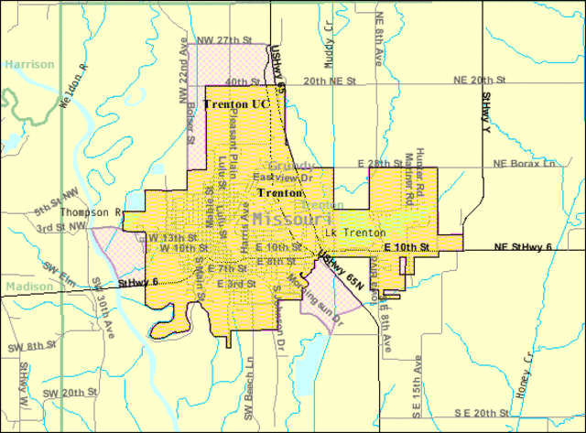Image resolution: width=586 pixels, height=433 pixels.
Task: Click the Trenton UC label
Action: point(236,104)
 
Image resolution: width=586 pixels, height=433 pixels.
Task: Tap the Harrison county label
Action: point(28,65)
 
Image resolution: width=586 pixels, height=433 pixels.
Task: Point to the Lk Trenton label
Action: point(359,233)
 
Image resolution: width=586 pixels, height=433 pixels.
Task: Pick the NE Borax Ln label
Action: point(524,163)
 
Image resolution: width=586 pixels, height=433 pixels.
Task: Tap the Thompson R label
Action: point(92,211)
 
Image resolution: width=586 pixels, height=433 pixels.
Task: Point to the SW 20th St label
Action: point(72,392)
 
